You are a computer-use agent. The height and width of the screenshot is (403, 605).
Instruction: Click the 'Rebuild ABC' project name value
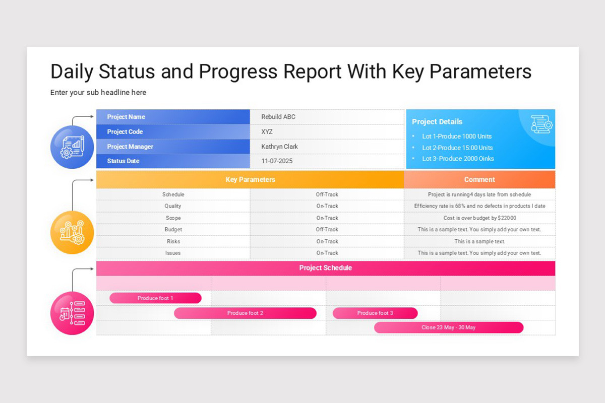coord(278,117)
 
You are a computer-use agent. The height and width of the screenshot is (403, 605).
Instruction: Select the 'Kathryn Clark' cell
coord(279,147)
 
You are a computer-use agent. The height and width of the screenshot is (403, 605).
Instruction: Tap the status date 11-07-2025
coord(277,161)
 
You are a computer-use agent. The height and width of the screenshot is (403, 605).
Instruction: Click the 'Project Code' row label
coord(125,132)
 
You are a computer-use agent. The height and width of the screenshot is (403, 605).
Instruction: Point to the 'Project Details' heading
coord(437,121)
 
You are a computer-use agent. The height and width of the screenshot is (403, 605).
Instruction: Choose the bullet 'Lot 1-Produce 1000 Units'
coord(457,137)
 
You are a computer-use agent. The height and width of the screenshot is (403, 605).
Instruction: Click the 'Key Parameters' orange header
coord(250,180)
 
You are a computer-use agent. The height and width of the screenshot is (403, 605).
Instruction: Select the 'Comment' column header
coord(479,180)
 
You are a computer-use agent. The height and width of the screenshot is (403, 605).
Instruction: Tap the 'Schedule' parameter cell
coord(173,194)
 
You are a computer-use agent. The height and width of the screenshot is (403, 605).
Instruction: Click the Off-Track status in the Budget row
coord(327,230)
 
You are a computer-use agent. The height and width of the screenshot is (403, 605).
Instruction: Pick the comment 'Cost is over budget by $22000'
coord(479,218)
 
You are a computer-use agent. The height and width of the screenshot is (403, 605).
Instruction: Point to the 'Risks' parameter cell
coord(173,241)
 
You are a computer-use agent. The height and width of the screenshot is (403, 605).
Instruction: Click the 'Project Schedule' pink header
coord(326,268)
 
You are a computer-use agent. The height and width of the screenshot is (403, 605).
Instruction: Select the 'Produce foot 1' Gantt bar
coord(155,298)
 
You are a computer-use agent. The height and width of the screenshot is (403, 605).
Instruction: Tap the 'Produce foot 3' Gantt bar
coord(375,313)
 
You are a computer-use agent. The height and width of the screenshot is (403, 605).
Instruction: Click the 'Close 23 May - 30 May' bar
coord(449,327)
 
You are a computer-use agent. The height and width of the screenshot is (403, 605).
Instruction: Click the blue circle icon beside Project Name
coord(72,147)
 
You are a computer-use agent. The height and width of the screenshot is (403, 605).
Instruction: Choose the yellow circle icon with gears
coord(72,232)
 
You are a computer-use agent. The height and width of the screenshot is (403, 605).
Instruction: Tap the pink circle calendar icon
coord(72,313)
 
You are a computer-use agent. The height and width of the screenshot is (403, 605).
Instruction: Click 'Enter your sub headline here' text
coord(98,93)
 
